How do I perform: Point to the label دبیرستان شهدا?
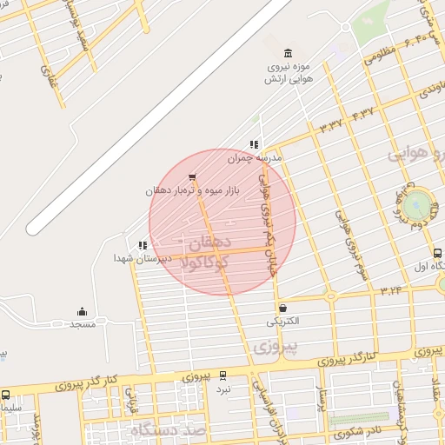[136, 258]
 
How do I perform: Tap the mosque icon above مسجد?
[83, 311]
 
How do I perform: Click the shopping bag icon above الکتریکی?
[282, 308]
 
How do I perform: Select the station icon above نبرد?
[224, 376]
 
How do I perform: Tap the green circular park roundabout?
[418, 206]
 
